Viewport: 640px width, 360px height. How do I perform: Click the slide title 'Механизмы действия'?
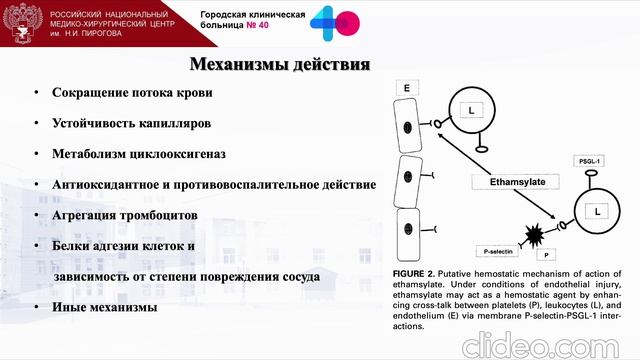(280, 65)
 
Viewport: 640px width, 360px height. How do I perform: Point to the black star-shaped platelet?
(536, 235)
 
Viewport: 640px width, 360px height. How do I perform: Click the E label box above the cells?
(407, 90)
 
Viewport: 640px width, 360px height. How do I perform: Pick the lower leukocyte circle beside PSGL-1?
(597, 212)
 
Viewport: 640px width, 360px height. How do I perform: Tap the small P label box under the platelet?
(547, 256)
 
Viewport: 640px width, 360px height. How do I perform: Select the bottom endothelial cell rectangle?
(407, 235)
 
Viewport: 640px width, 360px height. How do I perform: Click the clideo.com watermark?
(544, 342)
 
